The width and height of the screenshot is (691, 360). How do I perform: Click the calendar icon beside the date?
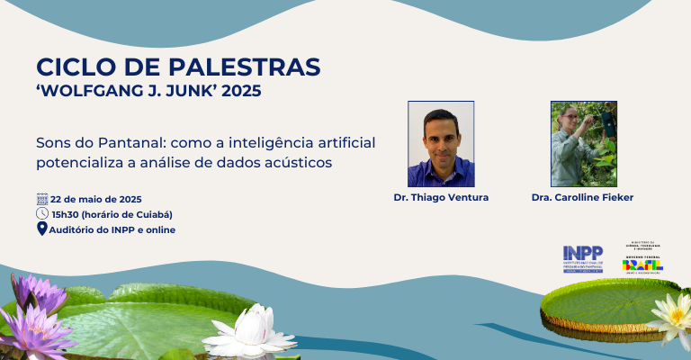(41, 198)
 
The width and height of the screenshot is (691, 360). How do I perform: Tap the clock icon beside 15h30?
(41, 213)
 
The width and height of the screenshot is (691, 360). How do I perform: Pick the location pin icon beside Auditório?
(41, 229)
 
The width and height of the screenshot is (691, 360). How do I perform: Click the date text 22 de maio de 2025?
(96, 199)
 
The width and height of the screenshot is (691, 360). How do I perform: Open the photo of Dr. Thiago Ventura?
(441, 144)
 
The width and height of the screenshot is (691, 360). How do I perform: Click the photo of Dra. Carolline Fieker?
(583, 144)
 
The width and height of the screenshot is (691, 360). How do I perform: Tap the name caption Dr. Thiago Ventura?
(441, 197)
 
